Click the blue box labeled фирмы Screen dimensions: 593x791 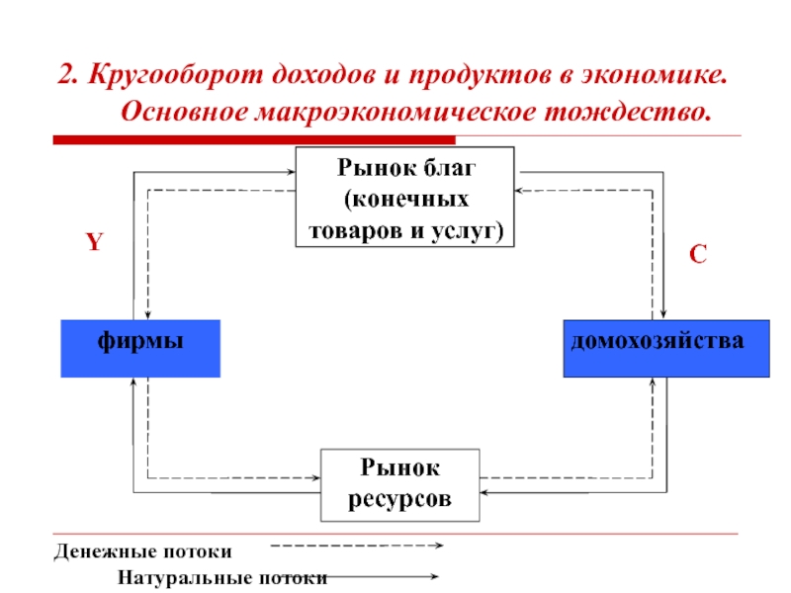pos(140,349)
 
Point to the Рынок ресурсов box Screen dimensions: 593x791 pos(399,484)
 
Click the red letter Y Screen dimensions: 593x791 pos(93,243)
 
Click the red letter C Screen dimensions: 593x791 pos(698,254)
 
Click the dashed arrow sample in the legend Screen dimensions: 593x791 pos(356,545)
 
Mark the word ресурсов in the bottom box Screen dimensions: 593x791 pos(399,499)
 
